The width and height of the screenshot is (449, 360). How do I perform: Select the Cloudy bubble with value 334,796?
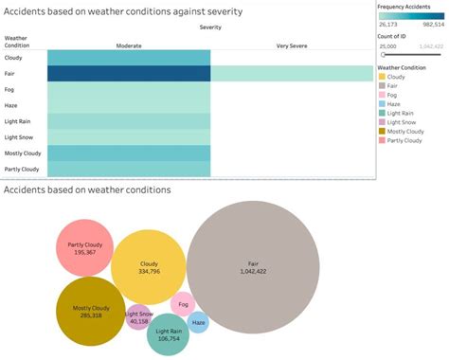tap(148, 266)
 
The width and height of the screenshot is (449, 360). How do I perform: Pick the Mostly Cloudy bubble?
tap(91, 310)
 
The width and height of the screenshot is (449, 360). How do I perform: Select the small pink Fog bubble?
tap(183, 305)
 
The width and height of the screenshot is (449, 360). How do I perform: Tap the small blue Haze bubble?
tap(198, 322)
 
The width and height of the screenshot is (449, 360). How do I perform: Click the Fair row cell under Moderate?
tap(129, 73)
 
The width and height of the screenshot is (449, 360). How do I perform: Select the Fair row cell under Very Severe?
tap(290, 73)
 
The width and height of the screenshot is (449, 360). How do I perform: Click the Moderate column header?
tap(129, 45)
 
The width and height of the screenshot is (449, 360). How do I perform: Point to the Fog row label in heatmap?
tap(12, 89)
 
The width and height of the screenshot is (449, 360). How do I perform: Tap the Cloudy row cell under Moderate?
tap(129, 57)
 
